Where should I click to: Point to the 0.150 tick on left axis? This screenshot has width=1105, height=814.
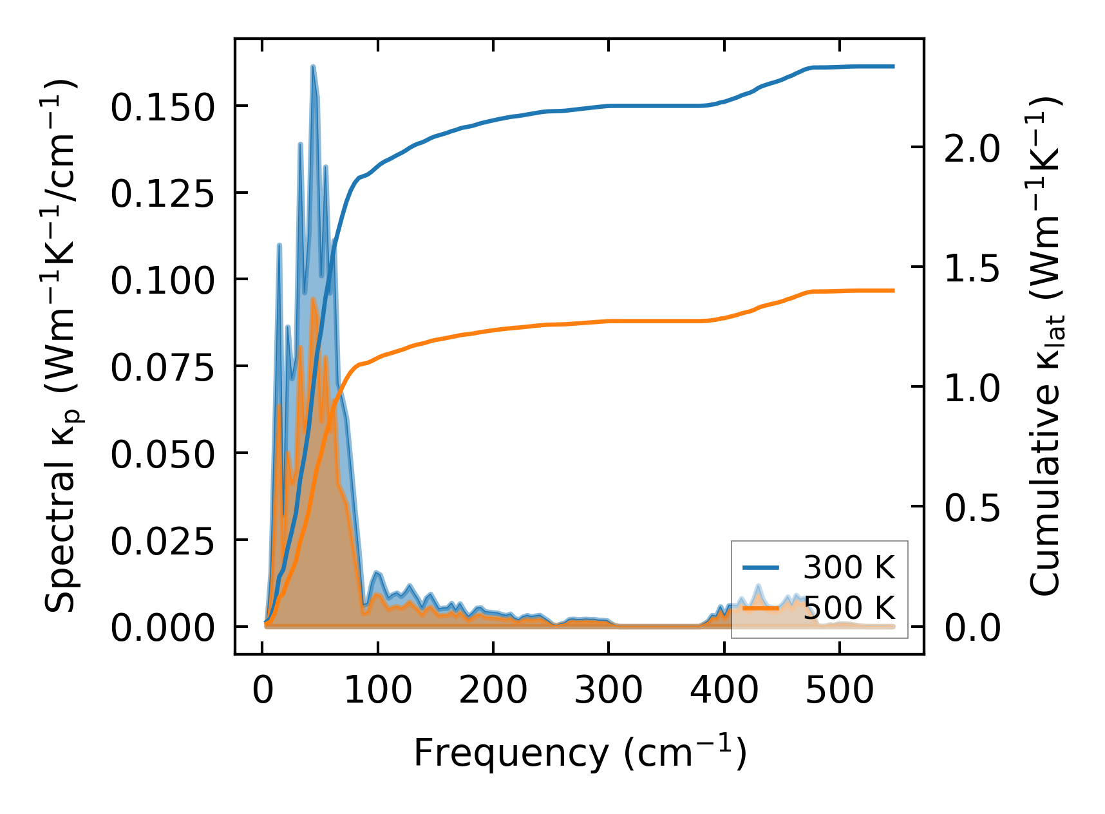click(x=162, y=107)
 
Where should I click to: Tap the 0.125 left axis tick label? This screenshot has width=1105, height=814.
click(x=162, y=193)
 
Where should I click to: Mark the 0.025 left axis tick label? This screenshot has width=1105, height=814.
click(x=162, y=541)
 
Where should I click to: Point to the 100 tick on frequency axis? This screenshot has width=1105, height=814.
click(x=377, y=690)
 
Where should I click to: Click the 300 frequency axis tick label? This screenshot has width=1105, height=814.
click(x=609, y=690)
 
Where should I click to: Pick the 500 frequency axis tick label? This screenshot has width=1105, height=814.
click(x=840, y=690)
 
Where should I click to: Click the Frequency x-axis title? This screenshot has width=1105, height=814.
click(x=580, y=752)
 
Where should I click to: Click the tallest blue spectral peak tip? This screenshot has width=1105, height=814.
click(x=312, y=66)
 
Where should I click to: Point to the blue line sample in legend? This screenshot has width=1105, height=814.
click(x=761, y=567)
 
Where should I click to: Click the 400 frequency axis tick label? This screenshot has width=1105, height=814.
click(x=724, y=690)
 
